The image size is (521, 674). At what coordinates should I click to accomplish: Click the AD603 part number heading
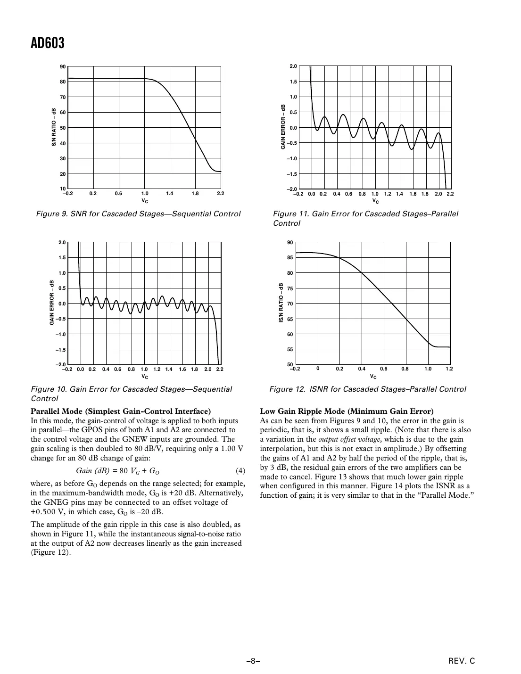pyautogui.click(x=48, y=43)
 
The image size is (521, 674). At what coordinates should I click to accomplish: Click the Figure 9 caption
pyautogui.click(x=138, y=214)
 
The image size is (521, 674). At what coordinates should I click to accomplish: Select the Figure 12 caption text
pyautogui.click(x=367, y=389)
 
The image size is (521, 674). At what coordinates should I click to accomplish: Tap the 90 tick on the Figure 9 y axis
pyautogui.click(x=63, y=67)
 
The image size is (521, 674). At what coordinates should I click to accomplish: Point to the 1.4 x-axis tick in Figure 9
pyautogui.click(x=170, y=194)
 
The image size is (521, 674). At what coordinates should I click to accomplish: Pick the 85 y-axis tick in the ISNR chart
pyautogui.click(x=290, y=258)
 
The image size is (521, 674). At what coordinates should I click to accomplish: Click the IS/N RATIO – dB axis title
pyautogui.click(x=281, y=303)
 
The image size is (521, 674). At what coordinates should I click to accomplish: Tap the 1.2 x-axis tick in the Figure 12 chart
pyautogui.click(x=449, y=369)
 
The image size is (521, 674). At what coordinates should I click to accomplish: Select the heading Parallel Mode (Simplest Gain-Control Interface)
pyautogui.click(x=120, y=411)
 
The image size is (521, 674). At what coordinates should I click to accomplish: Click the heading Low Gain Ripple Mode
pyautogui.click(x=347, y=411)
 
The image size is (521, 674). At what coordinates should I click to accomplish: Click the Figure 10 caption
pyautogui.click(x=131, y=394)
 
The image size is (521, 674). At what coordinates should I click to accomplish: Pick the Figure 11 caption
pyautogui.click(x=365, y=218)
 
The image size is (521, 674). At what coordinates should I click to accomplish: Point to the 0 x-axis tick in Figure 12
pyautogui.click(x=318, y=368)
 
